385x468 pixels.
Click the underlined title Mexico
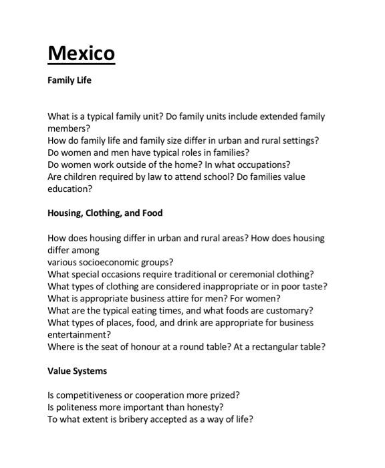[x=81, y=53]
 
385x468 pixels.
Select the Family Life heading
[x=69, y=80]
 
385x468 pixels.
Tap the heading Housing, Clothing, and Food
[x=105, y=213]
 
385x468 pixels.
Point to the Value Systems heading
[x=77, y=370]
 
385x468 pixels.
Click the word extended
[x=264, y=116]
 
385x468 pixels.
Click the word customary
[x=290, y=310]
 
